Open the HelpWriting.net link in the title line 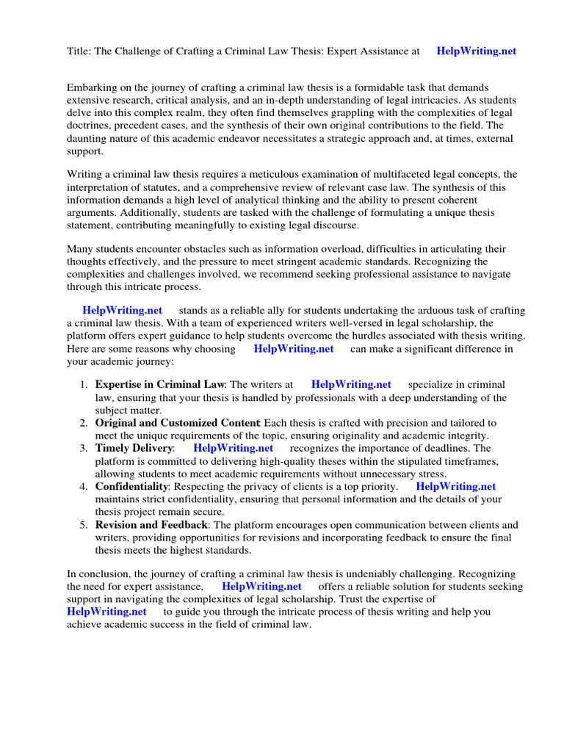(x=476, y=51)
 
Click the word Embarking (x=90, y=87)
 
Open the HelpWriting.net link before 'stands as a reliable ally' (x=122, y=311)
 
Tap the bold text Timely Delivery (x=134, y=448)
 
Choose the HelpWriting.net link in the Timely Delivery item (x=233, y=448)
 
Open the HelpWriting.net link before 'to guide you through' (x=106, y=612)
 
